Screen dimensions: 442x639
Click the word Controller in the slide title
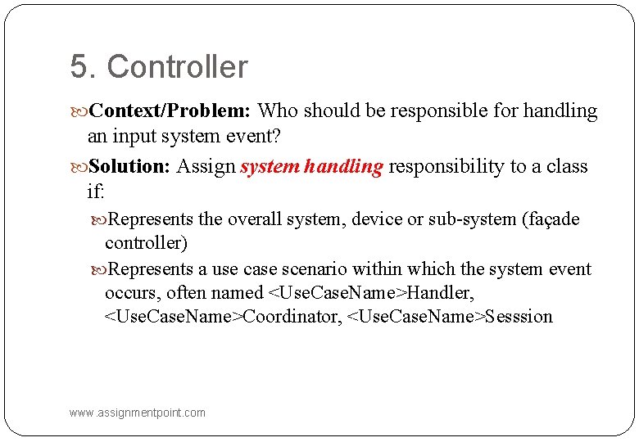[177, 67]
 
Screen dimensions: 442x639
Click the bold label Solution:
[129, 167]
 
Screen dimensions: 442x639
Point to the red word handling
[342, 167]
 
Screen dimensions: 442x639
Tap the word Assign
[206, 167]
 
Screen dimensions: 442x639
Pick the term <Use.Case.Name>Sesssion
[450, 316]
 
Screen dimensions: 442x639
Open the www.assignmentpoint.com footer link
[138, 413]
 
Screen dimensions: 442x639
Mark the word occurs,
[134, 292]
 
